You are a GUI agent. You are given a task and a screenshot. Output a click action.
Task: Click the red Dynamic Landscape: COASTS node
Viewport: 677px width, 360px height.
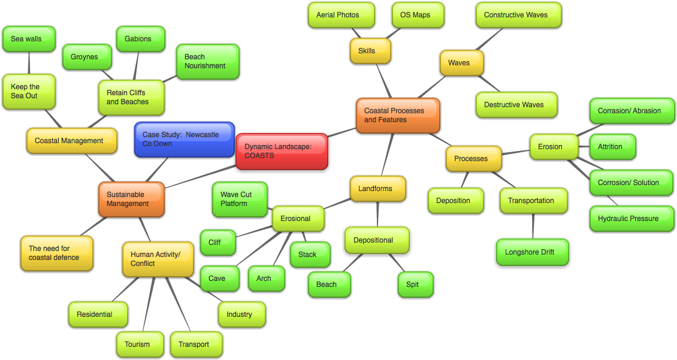[x=282, y=151]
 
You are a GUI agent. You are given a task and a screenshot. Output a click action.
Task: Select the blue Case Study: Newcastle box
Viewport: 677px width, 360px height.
[x=184, y=140]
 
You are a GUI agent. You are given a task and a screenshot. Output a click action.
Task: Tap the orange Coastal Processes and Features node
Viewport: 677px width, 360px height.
[x=398, y=116]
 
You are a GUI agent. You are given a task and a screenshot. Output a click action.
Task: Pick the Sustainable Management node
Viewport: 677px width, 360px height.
[x=131, y=199]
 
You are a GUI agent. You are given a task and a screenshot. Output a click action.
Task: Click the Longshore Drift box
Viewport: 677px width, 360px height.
[x=532, y=252]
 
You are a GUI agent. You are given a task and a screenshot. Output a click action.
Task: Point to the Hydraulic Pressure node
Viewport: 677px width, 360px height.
[x=631, y=219]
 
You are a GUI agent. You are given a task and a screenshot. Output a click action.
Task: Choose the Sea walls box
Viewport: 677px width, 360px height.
[x=29, y=39]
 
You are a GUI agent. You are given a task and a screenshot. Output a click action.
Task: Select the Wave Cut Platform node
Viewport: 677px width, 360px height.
[x=240, y=199]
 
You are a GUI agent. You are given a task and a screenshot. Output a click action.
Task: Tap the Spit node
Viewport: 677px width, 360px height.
[x=415, y=285]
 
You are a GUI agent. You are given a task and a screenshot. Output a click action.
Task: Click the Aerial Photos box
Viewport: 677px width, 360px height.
[x=341, y=15]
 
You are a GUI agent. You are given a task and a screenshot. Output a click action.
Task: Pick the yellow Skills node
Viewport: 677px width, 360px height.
[x=370, y=51]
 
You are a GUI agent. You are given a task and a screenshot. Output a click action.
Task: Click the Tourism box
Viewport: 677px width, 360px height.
[x=140, y=344]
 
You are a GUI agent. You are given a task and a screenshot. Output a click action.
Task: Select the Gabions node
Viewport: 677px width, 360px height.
[x=140, y=39]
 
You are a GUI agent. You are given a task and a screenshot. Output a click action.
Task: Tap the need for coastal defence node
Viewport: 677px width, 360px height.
[x=56, y=253]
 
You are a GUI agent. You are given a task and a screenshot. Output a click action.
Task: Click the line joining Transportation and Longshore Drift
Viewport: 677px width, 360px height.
[x=533, y=226]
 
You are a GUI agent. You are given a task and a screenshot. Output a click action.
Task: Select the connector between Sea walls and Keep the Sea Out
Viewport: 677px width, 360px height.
[x=29, y=63]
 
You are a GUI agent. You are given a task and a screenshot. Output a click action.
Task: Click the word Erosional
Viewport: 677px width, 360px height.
[x=295, y=219]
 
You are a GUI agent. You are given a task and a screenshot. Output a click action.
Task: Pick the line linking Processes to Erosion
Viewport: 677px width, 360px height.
[x=516, y=153]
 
